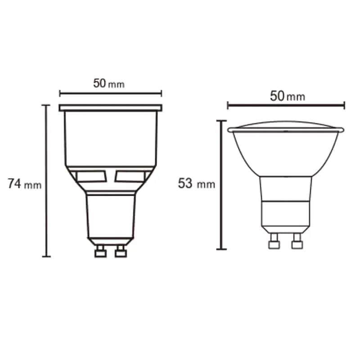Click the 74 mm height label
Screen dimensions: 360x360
pos(25,184)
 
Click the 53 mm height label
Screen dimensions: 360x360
pos(197,184)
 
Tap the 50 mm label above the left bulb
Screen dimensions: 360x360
pos(109,84)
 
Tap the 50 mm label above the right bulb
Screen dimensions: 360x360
pos(288,96)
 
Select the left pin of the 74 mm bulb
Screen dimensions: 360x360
pos(100,251)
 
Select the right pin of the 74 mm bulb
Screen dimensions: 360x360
pos(121,251)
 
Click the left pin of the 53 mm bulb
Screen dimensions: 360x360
pos(274,241)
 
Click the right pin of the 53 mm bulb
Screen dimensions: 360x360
pos(297,241)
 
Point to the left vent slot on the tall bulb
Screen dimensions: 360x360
pos(91,176)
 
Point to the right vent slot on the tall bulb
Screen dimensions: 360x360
pos(130,176)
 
